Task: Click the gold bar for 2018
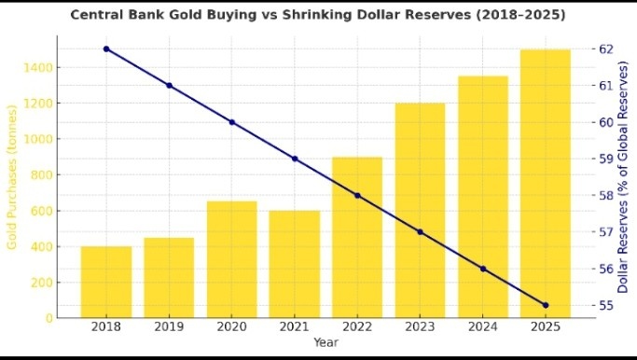click(105, 282)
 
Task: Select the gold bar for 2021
click(295, 264)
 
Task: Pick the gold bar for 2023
click(420, 211)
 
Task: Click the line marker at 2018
click(106, 48)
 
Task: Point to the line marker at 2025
click(546, 305)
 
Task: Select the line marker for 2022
click(357, 195)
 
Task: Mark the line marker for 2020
click(231, 122)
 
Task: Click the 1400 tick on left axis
click(41, 67)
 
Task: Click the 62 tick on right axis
click(605, 48)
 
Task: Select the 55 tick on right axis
click(605, 305)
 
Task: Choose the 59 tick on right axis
click(605, 159)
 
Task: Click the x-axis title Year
click(325, 343)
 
